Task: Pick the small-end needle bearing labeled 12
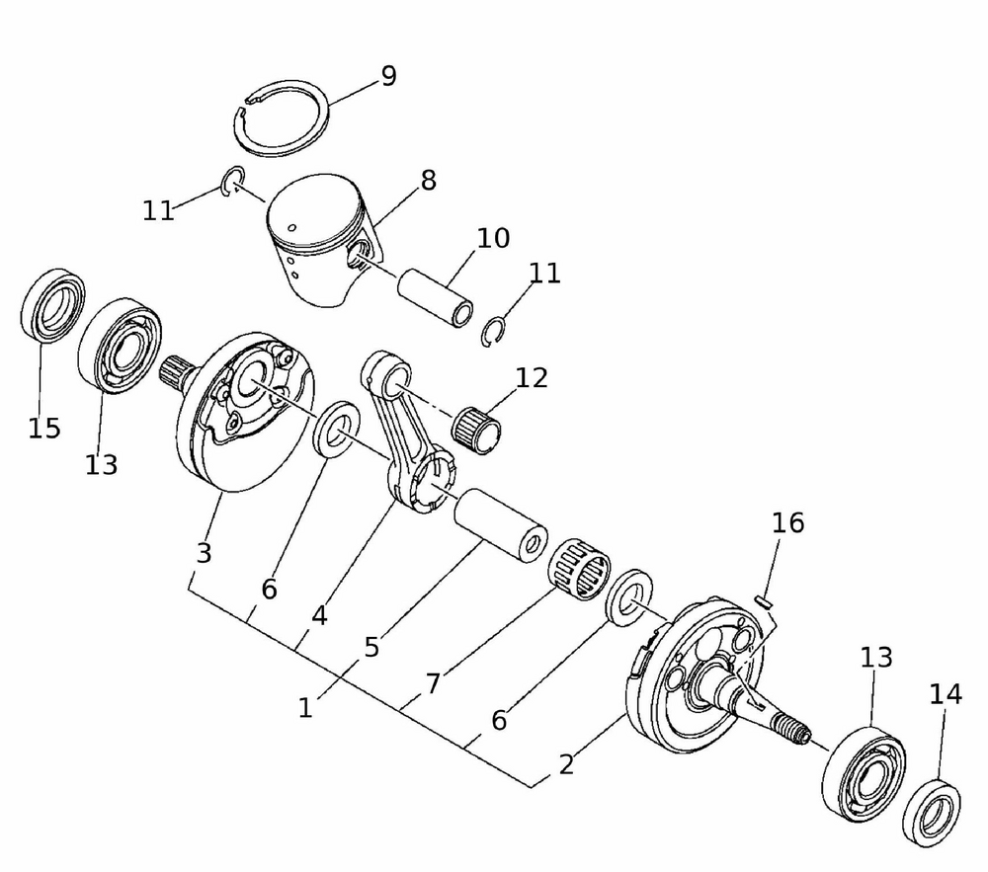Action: point(477,430)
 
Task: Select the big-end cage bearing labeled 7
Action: point(578,569)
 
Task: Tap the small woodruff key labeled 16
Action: point(764,601)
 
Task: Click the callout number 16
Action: point(788,522)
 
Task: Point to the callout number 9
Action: point(388,76)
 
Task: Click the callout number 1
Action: point(305,708)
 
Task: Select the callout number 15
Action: point(44,429)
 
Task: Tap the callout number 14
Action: point(946,694)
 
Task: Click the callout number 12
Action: point(532,378)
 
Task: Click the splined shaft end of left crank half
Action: point(173,372)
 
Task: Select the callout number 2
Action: point(566,764)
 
